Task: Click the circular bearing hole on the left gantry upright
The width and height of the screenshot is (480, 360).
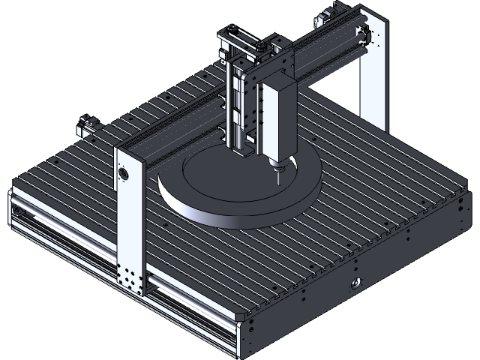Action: point(123,174)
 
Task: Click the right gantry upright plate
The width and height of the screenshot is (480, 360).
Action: point(373,75)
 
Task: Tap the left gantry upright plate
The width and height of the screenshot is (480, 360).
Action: point(129,217)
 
